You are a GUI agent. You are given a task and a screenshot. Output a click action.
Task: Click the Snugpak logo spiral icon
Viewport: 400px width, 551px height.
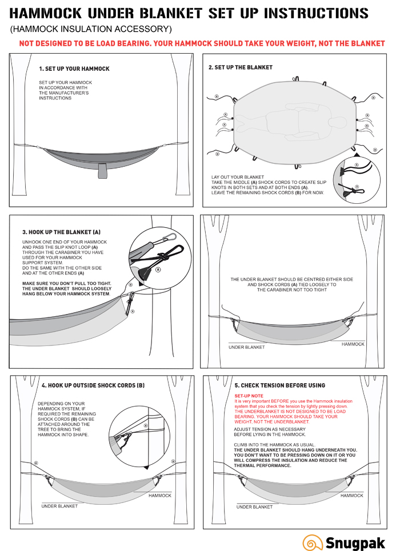312,542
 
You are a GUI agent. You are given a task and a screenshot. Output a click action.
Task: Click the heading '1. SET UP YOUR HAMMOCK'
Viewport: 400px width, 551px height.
74,69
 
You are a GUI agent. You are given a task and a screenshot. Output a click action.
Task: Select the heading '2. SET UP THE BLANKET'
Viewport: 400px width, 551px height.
241,67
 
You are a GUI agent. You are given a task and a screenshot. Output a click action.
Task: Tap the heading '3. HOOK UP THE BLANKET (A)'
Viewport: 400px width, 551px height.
61,232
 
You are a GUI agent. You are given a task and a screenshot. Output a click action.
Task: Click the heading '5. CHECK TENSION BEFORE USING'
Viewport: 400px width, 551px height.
279,385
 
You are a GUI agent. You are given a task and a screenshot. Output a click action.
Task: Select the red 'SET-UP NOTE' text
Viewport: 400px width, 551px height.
249,396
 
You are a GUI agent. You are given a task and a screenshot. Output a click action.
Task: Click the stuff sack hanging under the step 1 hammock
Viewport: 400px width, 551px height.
102,170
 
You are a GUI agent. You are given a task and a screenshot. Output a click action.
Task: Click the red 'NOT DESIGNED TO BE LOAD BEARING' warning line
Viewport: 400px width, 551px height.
202,43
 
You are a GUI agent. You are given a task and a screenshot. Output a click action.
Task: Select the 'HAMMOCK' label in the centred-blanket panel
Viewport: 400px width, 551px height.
353,344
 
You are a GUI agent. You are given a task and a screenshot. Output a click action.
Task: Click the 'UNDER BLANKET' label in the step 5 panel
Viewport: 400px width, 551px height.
254,506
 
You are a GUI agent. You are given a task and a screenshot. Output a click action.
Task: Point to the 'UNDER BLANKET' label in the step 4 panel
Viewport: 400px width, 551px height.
59,506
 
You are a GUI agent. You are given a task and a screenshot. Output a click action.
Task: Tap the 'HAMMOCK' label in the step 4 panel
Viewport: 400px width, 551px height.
159,495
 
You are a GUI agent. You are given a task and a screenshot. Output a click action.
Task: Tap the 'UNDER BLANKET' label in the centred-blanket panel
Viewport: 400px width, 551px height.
246,347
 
